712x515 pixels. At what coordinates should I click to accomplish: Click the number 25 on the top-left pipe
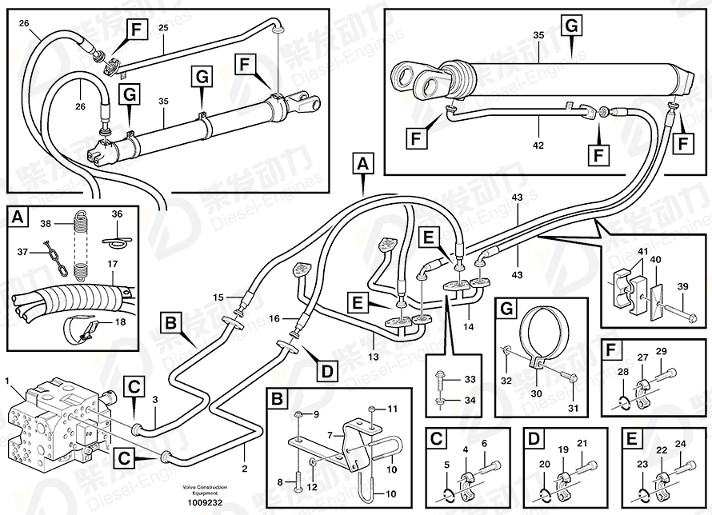click(x=162, y=28)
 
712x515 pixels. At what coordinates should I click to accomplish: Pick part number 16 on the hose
click(x=274, y=318)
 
